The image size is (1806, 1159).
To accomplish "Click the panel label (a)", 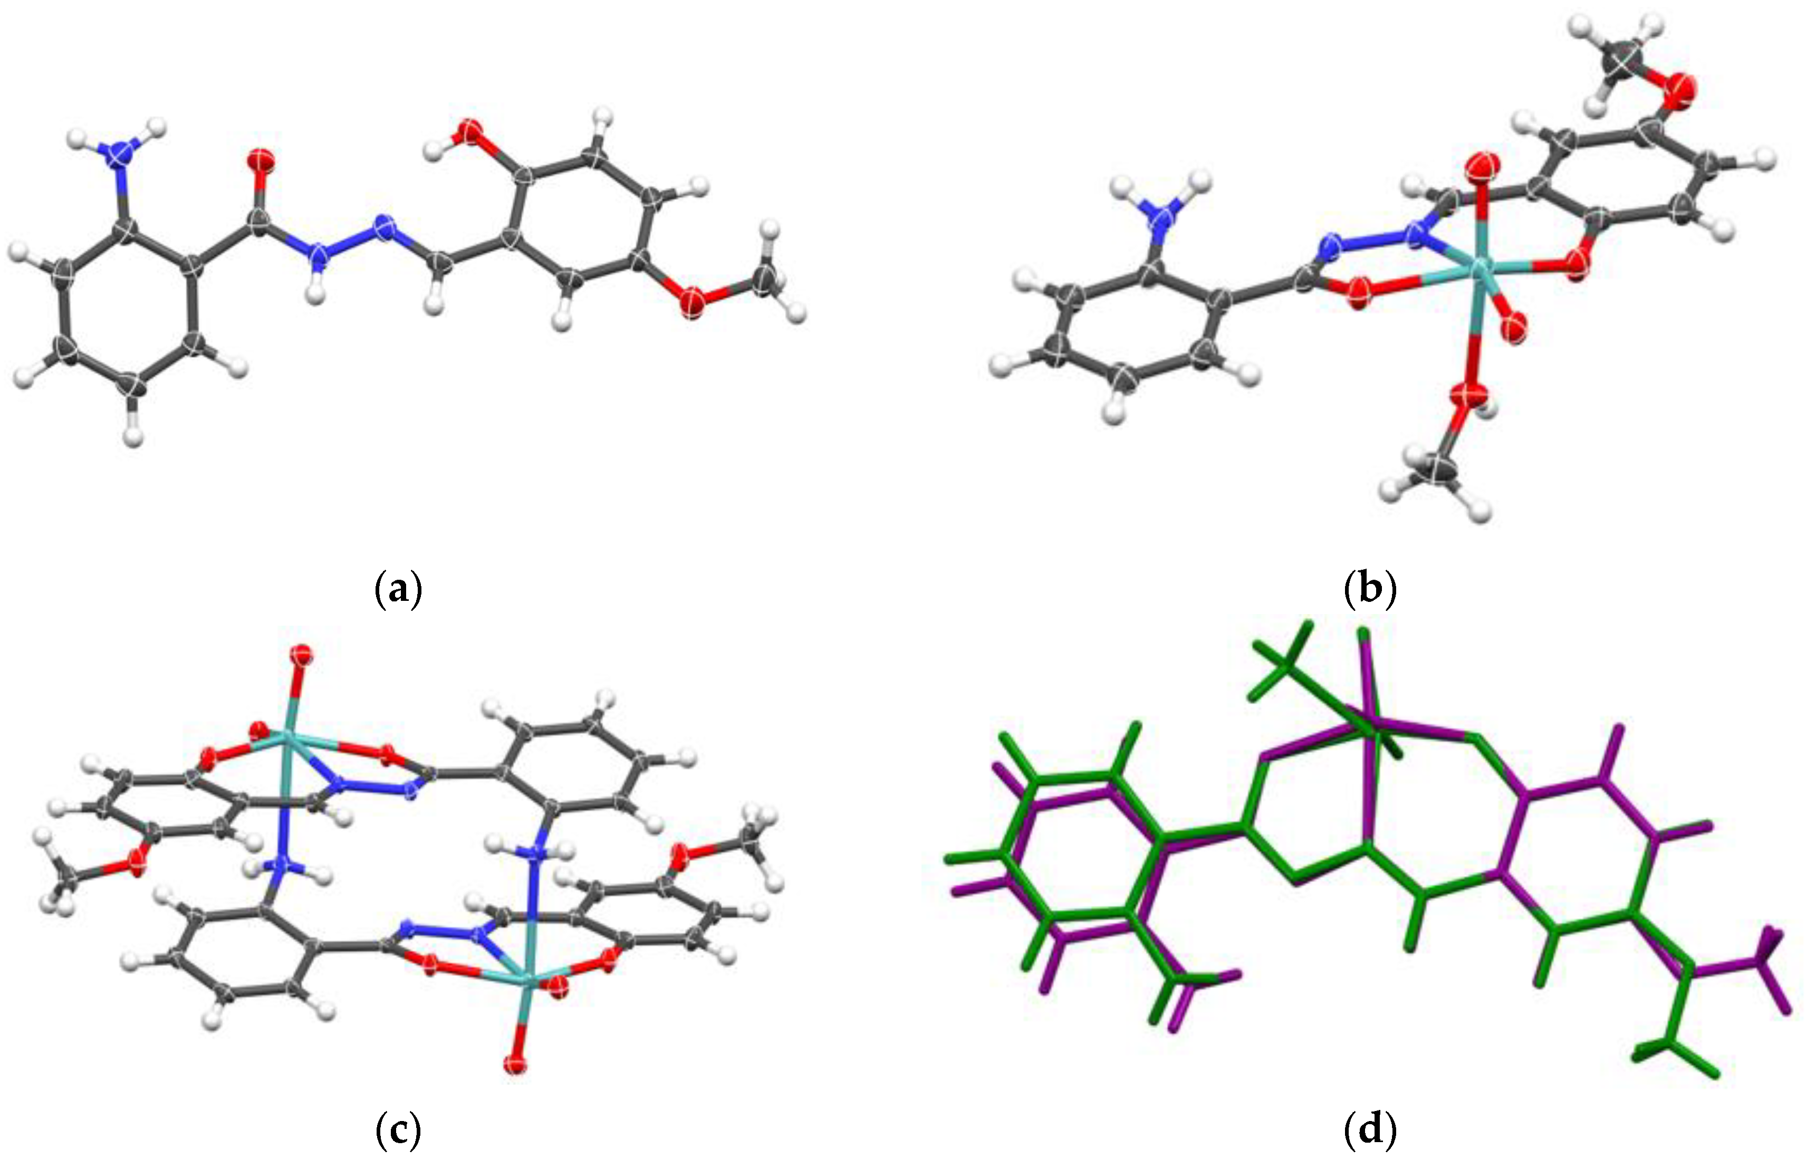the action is click(398, 589).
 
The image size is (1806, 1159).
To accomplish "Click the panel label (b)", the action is click(1370, 589).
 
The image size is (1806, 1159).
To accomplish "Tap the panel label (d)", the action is click(1370, 1129).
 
